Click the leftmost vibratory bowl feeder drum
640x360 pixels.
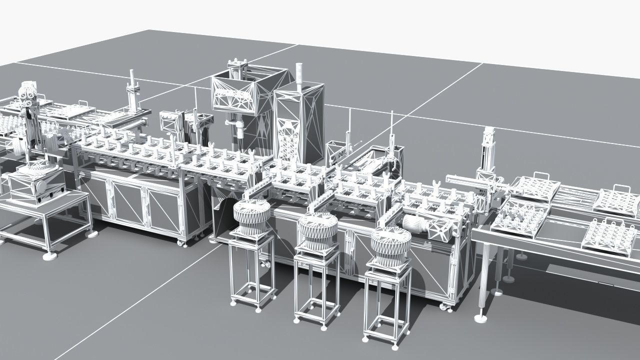[x=251, y=215]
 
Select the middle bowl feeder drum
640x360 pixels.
[x=316, y=229]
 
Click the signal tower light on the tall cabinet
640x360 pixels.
[x=299, y=75]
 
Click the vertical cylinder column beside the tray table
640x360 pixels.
[x=487, y=150]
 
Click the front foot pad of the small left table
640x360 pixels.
[x=50, y=256]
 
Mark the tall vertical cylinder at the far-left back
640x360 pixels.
[x=132, y=92]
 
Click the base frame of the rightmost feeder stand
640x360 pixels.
[x=382, y=335]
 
